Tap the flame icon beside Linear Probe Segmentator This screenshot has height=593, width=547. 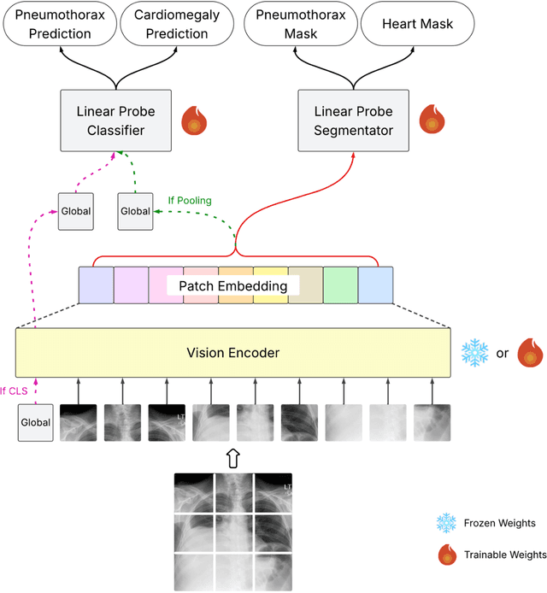tap(433, 120)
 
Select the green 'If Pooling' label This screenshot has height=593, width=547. tap(190, 201)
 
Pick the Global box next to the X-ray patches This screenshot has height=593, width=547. tap(35, 422)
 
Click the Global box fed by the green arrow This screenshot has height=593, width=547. tap(134, 211)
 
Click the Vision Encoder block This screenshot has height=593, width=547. tap(232, 352)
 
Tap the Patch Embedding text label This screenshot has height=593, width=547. tap(233, 285)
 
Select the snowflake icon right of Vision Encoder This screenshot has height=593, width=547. tap(474, 352)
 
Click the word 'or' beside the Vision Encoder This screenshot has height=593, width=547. tap(503, 352)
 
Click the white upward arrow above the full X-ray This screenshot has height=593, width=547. tap(233, 457)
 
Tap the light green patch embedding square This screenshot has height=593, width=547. tap(340, 285)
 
